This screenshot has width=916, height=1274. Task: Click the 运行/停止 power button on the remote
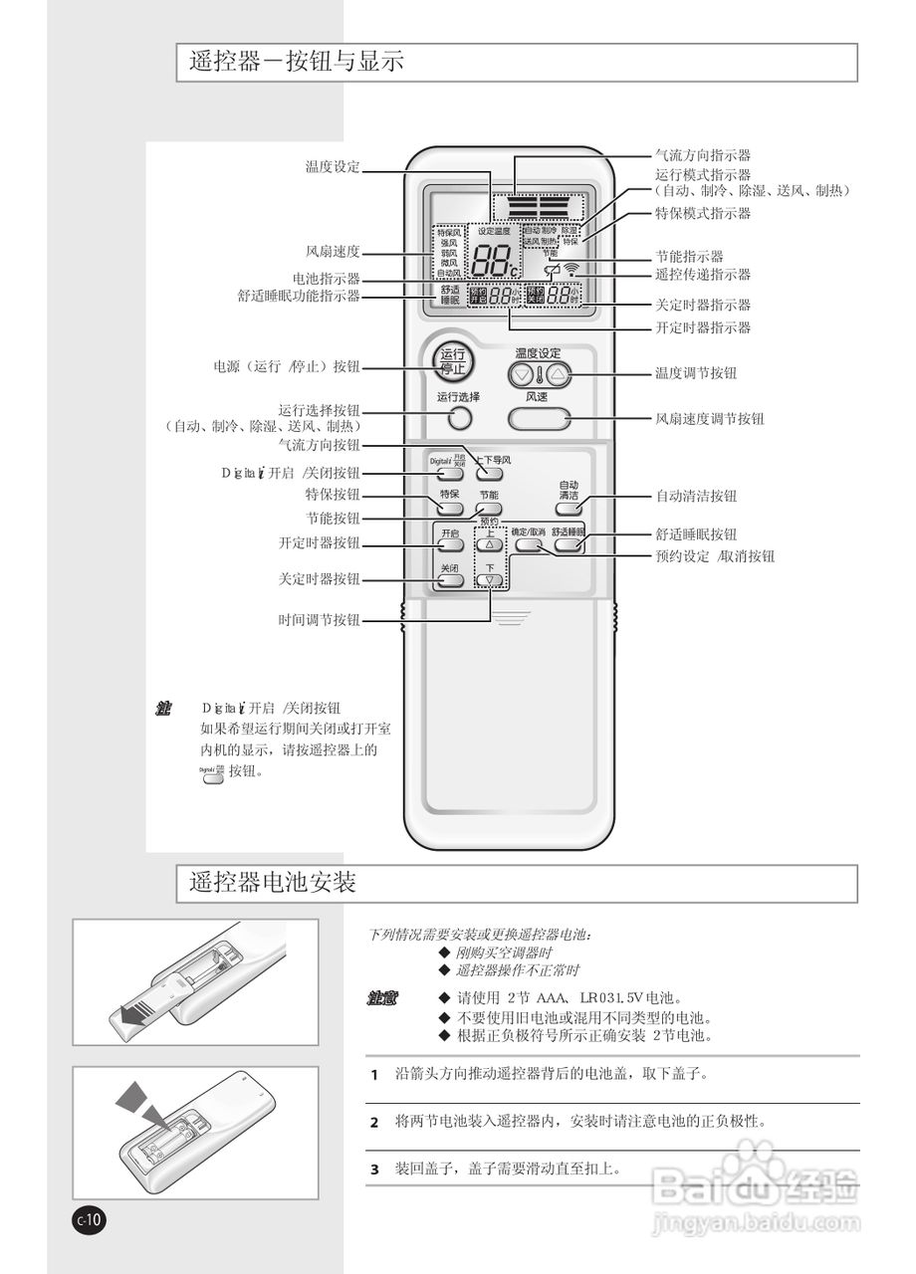click(x=453, y=361)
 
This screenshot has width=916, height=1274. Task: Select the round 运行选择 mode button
click(x=458, y=418)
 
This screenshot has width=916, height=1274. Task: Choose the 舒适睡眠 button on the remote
click(x=569, y=544)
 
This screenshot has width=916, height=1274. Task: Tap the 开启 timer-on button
click(x=451, y=546)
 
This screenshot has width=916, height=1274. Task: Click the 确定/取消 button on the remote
click(x=529, y=544)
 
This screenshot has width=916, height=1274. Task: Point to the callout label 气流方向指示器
click(x=702, y=155)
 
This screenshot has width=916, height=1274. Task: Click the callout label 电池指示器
click(x=326, y=279)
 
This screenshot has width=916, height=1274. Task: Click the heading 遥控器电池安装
click(x=273, y=883)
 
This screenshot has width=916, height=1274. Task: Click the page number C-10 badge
click(x=89, y=1219)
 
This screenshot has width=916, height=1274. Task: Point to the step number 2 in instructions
click(x=374, y=1123)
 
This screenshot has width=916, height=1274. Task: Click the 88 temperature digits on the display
click(x=495, y=261)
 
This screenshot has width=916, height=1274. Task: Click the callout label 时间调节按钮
click(x=319, y=620)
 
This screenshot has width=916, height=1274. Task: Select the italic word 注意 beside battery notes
click(x=382, y=997)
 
